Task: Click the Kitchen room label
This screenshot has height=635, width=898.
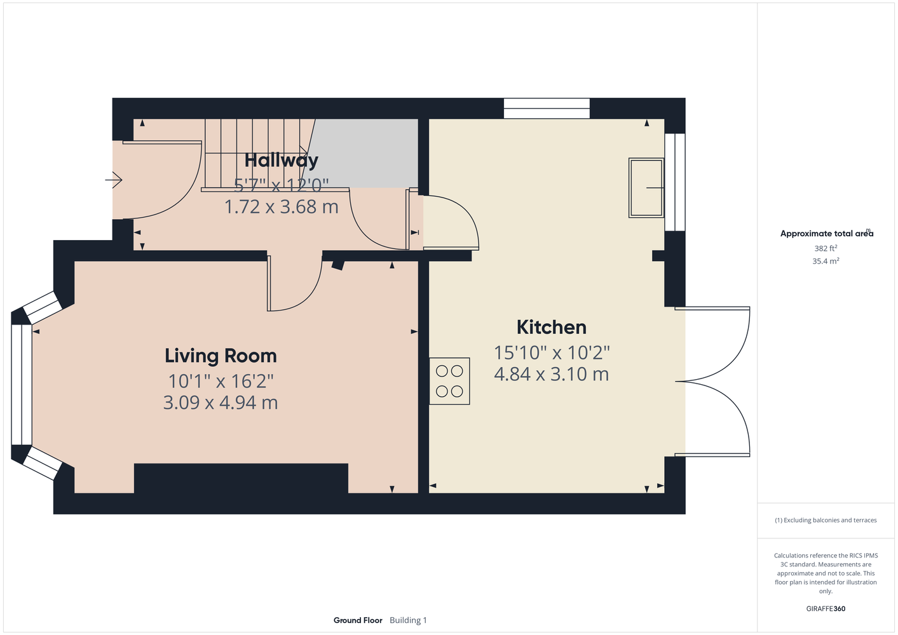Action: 551,327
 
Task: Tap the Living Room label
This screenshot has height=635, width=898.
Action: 221,356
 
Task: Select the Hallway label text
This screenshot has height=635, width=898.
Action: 282,161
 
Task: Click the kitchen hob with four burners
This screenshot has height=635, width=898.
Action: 449,381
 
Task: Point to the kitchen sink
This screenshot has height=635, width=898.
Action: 646,188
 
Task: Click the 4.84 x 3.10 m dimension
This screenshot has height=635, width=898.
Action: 551,374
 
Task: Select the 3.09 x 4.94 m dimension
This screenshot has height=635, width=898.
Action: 221,403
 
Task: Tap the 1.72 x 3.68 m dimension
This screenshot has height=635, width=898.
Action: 282,207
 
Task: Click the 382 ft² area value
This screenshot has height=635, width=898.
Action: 826,248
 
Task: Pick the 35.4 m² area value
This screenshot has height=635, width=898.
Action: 826,261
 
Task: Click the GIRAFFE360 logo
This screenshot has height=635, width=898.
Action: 826,608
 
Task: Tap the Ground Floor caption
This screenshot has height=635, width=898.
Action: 358,620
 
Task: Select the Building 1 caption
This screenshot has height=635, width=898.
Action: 408,620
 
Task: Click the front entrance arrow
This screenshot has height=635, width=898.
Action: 114,180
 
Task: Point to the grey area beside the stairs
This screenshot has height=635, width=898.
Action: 363,154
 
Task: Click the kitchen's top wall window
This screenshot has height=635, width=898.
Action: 547,108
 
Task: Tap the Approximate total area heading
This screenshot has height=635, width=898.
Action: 827,234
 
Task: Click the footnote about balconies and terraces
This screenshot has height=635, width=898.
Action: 826,520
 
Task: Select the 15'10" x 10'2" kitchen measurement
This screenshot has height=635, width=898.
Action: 552,353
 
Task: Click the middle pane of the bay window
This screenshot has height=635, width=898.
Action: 22,385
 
